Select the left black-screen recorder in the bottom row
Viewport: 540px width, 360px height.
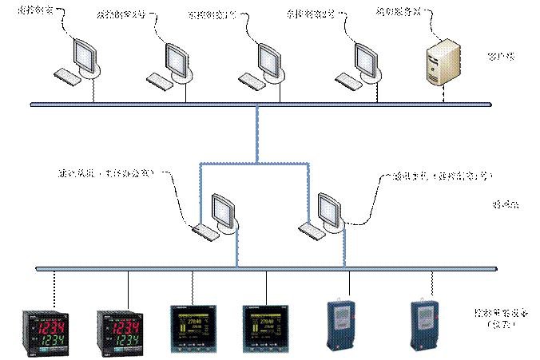point(190,328)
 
